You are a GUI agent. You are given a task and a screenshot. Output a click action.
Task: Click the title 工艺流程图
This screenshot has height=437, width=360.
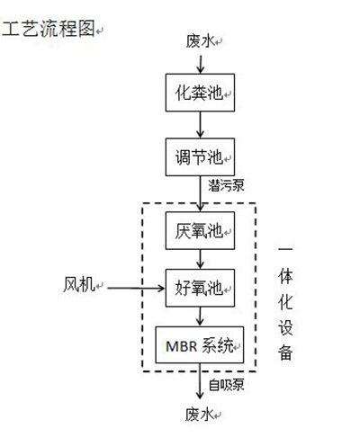point(49,29)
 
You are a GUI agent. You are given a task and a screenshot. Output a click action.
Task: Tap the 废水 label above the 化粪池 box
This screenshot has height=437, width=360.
point(200,41)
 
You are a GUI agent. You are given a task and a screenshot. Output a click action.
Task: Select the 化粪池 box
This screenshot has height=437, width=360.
point(200,93)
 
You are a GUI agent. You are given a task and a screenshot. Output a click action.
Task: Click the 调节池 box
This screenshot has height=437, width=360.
point(200,157)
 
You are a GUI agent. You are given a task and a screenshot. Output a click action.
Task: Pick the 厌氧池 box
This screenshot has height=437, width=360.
point(200,231)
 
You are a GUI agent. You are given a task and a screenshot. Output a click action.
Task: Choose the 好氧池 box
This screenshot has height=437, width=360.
point(200,288)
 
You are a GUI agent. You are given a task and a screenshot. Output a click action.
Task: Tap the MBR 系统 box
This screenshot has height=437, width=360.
point(200,344)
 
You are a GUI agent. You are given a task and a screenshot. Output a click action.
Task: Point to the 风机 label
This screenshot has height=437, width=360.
point(79,284)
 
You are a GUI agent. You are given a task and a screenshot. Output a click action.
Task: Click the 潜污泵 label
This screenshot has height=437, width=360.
point(226,185)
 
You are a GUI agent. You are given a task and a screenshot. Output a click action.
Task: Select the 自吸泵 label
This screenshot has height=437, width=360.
point(227,385)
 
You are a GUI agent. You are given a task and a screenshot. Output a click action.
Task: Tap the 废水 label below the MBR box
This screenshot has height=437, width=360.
point(200,415)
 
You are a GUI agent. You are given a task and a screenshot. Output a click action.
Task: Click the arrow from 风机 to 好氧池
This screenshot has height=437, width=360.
point(136,289)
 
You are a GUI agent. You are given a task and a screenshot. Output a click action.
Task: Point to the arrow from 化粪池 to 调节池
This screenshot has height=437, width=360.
point(200,125)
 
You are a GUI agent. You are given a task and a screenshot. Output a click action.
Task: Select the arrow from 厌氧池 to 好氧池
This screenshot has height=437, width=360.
point(200,259)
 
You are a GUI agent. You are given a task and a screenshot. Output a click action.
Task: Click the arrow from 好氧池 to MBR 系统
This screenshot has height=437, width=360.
point(200,317)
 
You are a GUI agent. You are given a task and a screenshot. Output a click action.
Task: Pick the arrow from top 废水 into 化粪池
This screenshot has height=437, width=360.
point(200,64)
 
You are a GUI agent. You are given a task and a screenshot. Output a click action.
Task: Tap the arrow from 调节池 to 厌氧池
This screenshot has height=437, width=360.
point(200,194)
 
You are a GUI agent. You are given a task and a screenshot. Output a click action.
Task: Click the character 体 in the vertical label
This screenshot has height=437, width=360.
point(285,276)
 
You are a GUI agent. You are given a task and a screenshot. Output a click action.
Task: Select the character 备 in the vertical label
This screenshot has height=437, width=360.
point(285,352)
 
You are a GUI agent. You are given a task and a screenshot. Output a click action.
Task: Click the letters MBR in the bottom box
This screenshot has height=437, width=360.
point(182,346)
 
